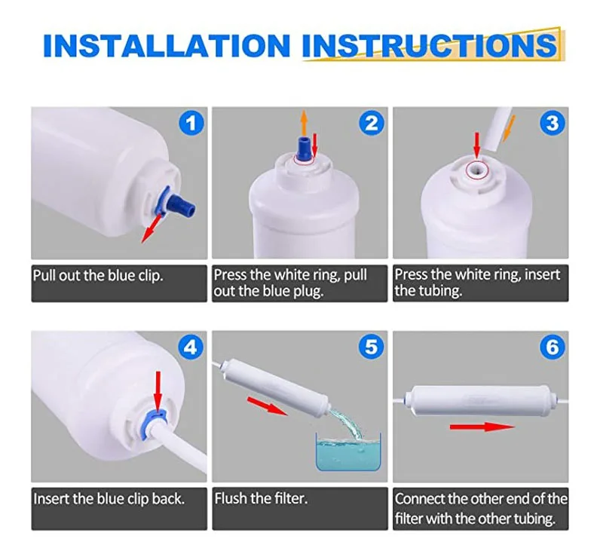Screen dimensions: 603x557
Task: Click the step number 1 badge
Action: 191,123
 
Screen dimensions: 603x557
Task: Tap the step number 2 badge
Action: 372,123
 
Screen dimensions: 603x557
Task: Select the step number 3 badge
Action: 552,123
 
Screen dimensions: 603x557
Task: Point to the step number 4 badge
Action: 191,347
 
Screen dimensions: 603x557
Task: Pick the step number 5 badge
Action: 372,347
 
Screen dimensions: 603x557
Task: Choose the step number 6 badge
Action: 552,347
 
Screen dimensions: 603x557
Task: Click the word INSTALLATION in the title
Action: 167,46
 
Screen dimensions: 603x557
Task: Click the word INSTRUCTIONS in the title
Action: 430,46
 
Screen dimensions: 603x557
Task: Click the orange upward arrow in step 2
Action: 304,122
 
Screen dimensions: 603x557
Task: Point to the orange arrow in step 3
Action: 509,128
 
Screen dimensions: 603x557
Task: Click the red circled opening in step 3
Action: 476,170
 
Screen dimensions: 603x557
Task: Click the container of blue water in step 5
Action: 348,452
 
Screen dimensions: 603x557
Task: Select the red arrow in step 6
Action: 482,427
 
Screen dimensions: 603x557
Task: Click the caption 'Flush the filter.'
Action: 261,498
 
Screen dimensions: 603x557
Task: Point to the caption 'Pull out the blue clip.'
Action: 98,276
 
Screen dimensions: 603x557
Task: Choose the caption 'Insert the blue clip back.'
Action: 109,499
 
